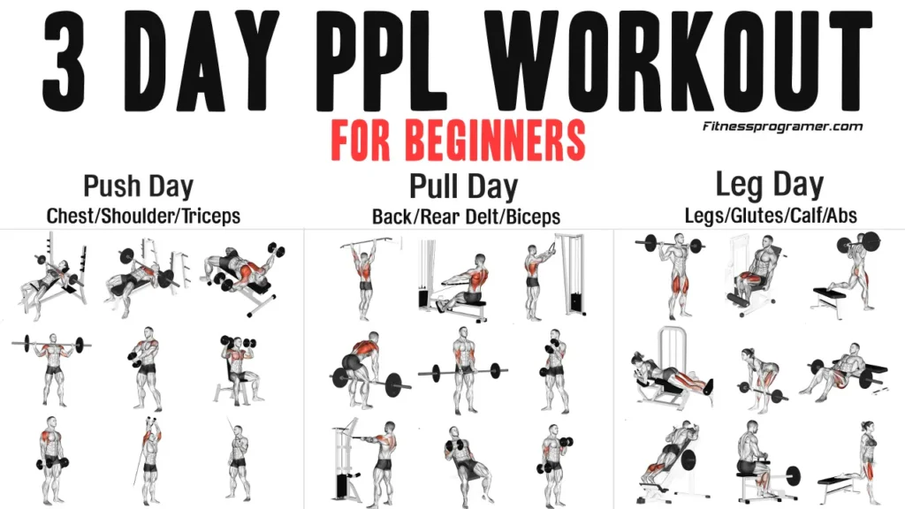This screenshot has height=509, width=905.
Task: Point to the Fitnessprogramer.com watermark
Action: [782, 126]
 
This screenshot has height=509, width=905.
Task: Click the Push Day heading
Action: [138, 186]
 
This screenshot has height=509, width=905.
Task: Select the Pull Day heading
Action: [463, 186]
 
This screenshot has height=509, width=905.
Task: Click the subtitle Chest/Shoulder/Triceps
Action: [143, 215]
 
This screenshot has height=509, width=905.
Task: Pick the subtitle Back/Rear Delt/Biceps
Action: [466, 216]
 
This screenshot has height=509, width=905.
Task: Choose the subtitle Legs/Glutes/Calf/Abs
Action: [771, 215]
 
